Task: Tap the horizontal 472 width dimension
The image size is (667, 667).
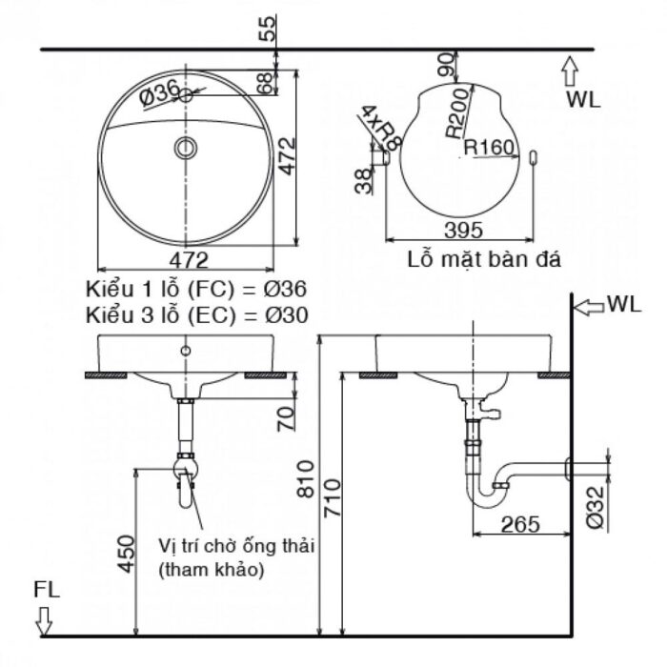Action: [x=189, y=258]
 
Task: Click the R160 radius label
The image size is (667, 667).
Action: [x=489, y=148]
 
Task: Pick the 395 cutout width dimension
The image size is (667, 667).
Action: [x=462, y=230]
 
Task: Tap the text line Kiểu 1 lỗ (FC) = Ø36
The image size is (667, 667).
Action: [x=197, y=288]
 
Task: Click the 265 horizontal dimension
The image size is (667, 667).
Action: [x=519, y=523]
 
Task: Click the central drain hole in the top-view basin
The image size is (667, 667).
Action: [x=186, y=147]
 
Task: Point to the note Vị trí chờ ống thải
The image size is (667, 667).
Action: [x=236, y=547]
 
